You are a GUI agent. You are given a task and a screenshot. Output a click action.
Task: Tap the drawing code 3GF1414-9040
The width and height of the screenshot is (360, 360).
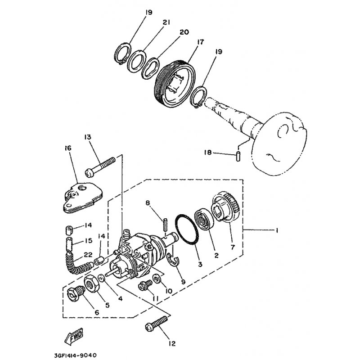tap(75, 355)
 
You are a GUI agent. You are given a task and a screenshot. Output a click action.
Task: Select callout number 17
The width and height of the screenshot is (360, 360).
tap(200, 42)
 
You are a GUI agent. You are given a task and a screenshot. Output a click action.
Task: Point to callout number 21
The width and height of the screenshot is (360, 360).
tap(166, 22)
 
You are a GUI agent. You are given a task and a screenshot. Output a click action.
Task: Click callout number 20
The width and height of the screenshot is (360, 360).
tap(184, 32)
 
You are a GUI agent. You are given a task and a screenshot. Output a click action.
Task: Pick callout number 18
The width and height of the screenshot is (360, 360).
tap(208, 152)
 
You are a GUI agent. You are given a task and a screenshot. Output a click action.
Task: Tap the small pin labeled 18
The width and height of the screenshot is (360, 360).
tap(238, 156)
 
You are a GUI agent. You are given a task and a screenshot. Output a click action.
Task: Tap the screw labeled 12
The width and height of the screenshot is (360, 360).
tap(156, 323)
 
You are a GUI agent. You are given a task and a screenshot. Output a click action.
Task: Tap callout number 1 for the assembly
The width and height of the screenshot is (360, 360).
tap(277, 230)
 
